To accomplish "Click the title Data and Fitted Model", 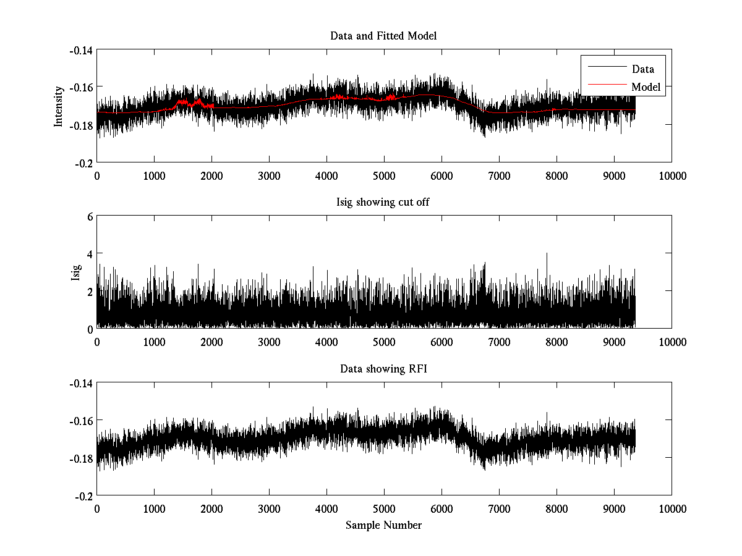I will click(x=383, y=36).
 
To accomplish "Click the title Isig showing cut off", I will click(x=383, y=203).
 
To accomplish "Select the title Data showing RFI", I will click(x=383, y=369).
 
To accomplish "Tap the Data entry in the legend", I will click(x=642, y=69).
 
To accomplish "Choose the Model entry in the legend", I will click(x=646, y=87).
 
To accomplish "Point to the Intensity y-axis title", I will click(x=59, y=106).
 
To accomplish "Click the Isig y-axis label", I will click(x=76, y=272).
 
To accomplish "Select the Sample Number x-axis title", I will click(x=383, y=525).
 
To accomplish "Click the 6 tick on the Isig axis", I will click(x=89, y=217).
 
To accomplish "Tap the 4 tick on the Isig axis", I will click(x=89, y=254).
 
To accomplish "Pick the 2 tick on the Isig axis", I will click(x=89, y=291).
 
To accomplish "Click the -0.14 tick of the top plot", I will click(x=80, y=50).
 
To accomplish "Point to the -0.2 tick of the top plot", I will click(x=83, y=162).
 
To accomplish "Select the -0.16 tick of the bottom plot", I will click(x=80, y=421).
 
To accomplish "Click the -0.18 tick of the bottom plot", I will click(x=80, y=458).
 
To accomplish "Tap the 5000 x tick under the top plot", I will click(x=384, y=175).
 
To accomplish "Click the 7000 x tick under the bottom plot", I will click(x=499, y=509).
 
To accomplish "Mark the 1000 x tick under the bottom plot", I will click(x=154, y=509).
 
